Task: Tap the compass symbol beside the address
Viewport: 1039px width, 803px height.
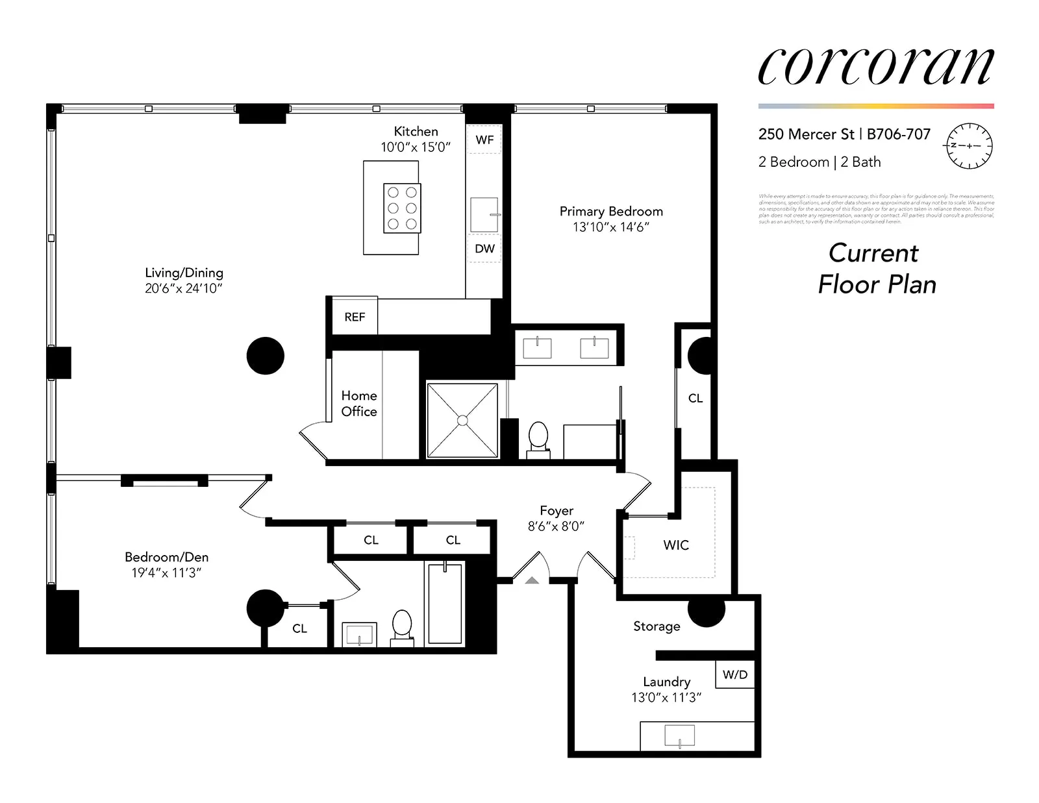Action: click(969, 145)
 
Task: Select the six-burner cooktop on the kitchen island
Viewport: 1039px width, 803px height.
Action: click(402, 208)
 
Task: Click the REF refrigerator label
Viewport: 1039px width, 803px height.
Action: click(355, 317)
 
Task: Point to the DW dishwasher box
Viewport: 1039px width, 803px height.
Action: click(484, 249)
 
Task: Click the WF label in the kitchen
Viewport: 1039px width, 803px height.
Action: click(484, 140)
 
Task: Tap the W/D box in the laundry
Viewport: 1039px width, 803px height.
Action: click(735, 675)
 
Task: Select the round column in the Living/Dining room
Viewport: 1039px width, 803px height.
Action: click(265, 356)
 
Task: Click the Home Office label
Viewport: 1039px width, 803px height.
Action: click(359, 403)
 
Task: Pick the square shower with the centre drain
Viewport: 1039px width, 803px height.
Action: click(462, 421)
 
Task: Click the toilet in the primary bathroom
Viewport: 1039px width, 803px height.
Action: click(538, 437)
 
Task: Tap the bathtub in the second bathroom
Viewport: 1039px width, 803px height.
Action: click(445, 603)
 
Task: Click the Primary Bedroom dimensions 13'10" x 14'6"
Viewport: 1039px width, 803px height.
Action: click(610, 227)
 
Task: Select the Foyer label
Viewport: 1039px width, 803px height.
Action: click(557, 511)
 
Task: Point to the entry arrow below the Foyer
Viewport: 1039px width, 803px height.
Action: click(532, 580)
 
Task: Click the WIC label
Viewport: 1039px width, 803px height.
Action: click(676, 545)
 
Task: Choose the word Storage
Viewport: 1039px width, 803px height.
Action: click(657, 626)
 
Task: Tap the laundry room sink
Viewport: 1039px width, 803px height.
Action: click(679, 736)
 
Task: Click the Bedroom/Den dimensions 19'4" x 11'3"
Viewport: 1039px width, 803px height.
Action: click(166, 573)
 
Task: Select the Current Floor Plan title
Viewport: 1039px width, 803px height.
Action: click(876, 269)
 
